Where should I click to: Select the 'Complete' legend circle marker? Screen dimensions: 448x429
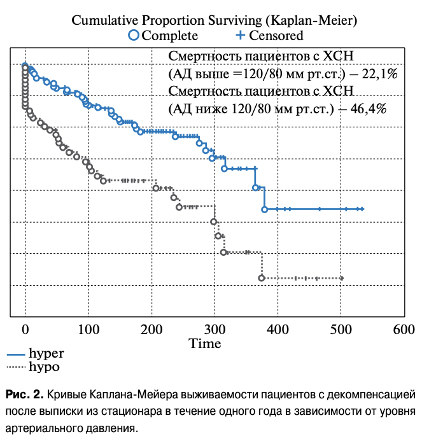coord(134,35)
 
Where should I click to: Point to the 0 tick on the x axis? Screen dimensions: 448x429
coord(25,330)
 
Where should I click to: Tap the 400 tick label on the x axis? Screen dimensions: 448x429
coord(277,330)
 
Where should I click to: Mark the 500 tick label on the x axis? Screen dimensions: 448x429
coord(340,330)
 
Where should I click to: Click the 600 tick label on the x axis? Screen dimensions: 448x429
coord(403,330)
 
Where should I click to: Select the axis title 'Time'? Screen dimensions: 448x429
coord(205,344)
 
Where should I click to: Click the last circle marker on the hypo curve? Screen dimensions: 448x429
coord(262,278)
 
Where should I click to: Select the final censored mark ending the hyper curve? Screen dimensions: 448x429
coord(362,209)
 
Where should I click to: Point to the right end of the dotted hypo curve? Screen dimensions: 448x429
coord(342,278)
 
